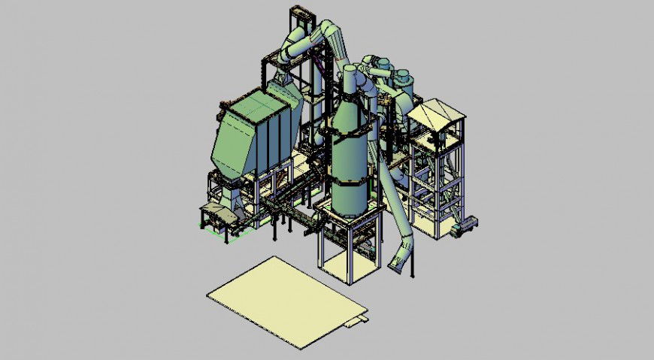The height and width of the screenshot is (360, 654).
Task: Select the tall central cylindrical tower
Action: pos(350,162)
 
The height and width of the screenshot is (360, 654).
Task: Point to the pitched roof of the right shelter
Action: pos(436,113)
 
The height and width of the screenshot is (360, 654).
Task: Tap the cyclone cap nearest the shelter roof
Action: pos(404,75)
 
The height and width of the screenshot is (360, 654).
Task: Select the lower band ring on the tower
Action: pos(350,181)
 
